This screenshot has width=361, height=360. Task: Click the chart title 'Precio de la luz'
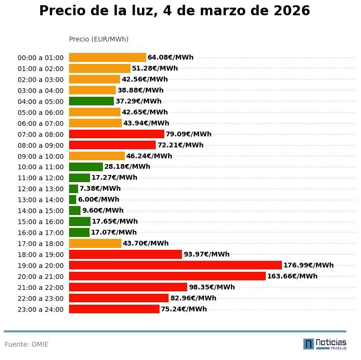174,11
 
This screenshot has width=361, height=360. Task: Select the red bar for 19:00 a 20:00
175,265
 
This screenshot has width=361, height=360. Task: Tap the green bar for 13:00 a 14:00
72,199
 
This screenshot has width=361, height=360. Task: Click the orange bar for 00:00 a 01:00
107,57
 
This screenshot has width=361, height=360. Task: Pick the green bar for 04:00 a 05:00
91,101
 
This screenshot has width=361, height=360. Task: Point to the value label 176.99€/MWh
308,265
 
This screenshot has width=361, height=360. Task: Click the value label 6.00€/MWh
99,199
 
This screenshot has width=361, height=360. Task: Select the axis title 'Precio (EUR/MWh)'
99,39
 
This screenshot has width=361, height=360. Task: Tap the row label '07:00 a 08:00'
40,134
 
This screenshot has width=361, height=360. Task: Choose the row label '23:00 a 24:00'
40,309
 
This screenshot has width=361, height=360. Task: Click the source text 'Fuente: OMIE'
27,344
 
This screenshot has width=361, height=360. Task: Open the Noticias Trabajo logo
325,344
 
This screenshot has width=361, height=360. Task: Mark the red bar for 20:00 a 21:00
167,276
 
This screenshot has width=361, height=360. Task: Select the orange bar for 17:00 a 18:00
95,243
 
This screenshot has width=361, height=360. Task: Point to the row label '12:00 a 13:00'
40,189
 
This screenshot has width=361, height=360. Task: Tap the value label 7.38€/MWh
100,188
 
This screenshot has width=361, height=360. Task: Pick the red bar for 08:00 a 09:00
112,145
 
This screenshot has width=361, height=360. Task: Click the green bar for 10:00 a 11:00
86,167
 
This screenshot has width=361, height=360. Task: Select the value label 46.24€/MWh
149,156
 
